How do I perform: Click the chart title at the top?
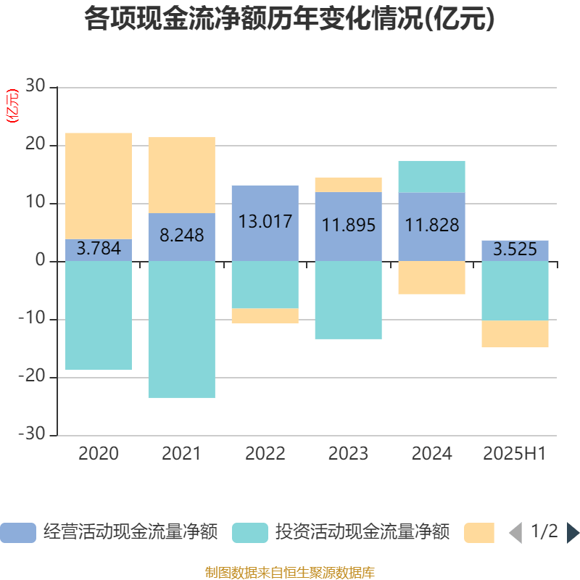coord(289,20)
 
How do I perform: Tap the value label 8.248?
coord(182,236)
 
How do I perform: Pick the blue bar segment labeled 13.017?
coord(265,222)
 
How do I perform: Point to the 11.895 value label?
coord(349,225)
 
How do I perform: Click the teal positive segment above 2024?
coord(432,177)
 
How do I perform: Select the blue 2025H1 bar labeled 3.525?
coord(515,250)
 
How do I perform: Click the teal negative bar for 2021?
coord(182,329)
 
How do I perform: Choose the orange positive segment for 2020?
coord(99,186)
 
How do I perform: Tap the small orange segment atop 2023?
coord(349,185)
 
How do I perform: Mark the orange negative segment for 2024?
coord(432,278)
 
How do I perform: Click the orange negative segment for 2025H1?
coord(515,333)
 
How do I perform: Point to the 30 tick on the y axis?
coord(36,87)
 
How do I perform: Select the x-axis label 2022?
coord(265,454)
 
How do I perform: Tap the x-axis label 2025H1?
coord(515,454)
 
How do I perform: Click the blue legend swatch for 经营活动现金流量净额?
coord(17,533)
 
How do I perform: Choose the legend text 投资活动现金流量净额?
coord(362,533)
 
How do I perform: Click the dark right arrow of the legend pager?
coord(573,533)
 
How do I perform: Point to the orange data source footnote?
coord(289,573)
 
